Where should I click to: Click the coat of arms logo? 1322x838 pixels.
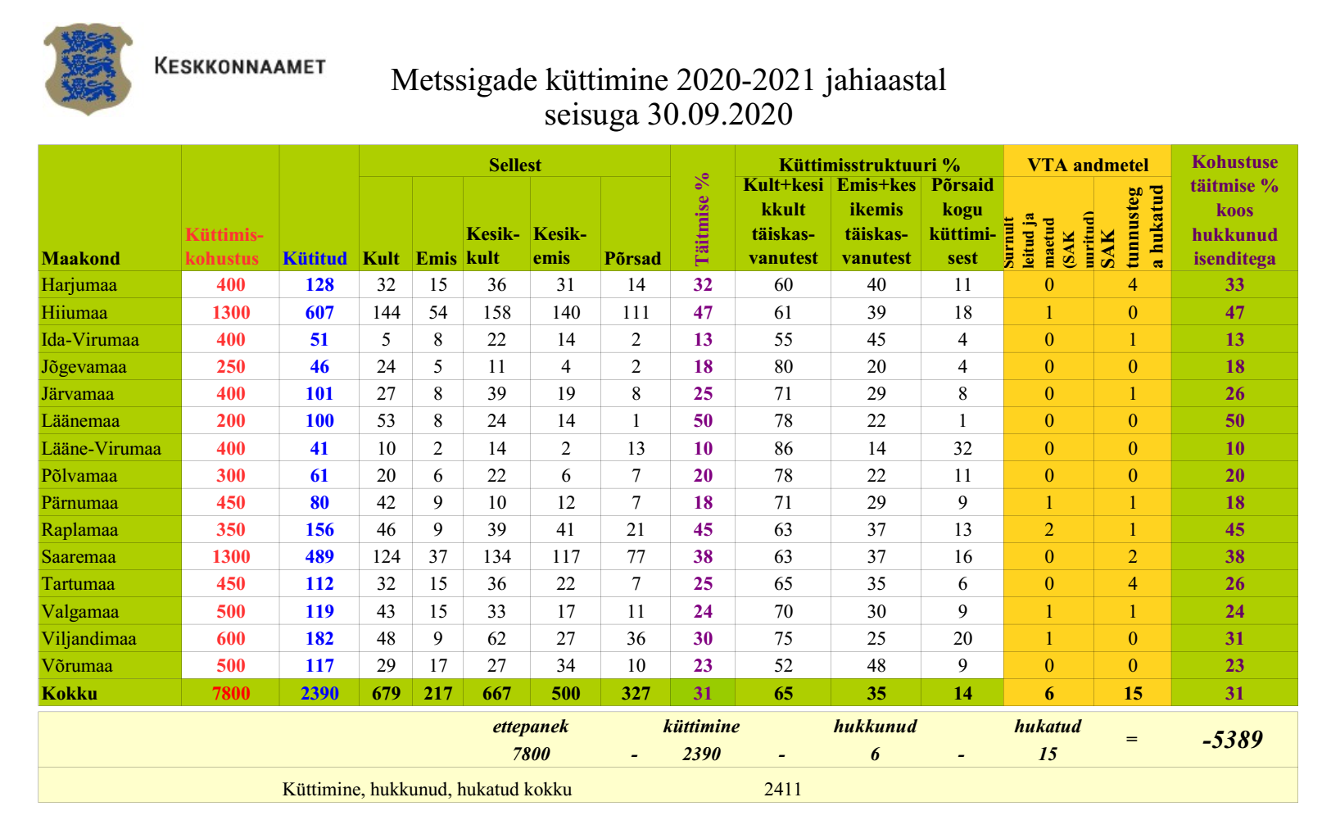88,69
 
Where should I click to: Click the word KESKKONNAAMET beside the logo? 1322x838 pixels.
240,66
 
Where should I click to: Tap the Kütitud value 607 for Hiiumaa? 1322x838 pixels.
319,312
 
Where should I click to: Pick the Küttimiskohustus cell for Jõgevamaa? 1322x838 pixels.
231,366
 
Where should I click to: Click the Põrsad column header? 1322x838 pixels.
632,258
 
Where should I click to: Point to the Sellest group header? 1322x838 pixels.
514,165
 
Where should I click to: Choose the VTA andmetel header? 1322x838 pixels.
1088,165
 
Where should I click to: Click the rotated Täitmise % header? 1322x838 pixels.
703,219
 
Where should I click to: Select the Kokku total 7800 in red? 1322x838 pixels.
231,693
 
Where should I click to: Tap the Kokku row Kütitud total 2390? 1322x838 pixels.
319,693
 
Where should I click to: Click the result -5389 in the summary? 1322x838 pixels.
1233,740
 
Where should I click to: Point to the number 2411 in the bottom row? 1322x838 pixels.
783,789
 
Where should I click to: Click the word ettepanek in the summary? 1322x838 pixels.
531,727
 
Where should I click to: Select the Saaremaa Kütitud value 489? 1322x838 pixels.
319,557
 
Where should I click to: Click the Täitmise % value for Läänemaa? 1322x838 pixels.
703,421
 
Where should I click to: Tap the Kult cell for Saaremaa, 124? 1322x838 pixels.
386,557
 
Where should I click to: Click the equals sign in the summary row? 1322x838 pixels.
1132,739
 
